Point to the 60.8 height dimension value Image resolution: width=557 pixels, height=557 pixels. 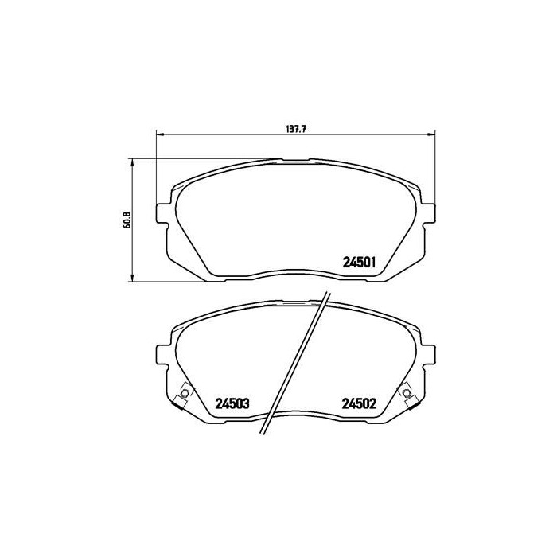(x=127, y=220)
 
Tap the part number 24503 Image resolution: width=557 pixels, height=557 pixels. (x=232, y=403)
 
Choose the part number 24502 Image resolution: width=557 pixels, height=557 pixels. (x=359, y=403)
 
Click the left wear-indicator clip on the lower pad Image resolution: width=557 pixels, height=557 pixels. (x=185, y=395)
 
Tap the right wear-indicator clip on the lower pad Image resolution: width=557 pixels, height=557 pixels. (x=407, y=395)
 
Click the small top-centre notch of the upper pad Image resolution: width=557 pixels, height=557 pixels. (x=296, y=161)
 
